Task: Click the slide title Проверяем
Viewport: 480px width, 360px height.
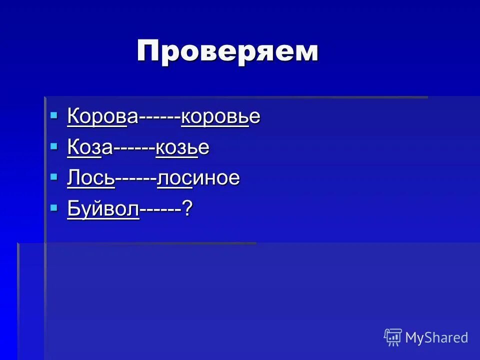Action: tap(227, 51)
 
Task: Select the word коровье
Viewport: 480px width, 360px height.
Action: tap(220, 116)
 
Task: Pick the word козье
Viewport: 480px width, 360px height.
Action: tap(182, 147)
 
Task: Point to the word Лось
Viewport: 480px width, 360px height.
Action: tap(91, 178)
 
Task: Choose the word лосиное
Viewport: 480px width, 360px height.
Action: tap(198, 178)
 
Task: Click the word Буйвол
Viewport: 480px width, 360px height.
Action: tap(103, 208)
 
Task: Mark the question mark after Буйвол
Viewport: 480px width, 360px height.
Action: tap(187, 208)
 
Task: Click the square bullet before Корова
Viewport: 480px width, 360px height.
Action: tap(54, 115)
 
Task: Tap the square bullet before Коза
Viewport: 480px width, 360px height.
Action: tap(54, 146)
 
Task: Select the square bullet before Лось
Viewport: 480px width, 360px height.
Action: tap(54, 176)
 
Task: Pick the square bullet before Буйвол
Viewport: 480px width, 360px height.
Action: tap(54, 207)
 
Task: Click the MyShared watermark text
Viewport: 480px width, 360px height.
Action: tap(436, 337)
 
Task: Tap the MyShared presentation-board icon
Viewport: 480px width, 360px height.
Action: tap(393, 337)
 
